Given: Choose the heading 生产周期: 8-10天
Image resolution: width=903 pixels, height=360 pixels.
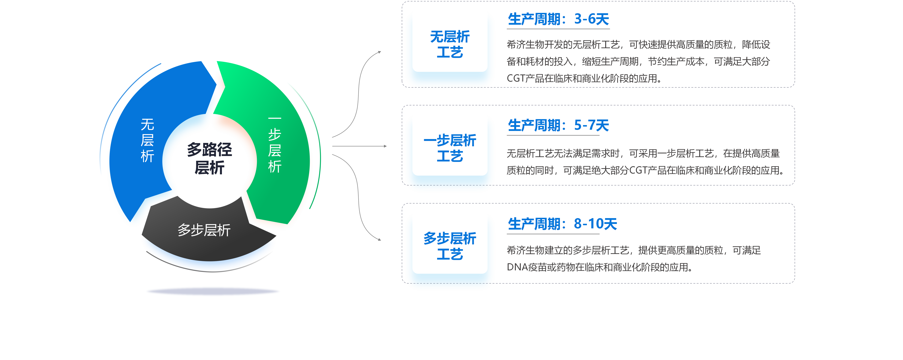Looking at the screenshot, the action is click(x=562, y=224).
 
